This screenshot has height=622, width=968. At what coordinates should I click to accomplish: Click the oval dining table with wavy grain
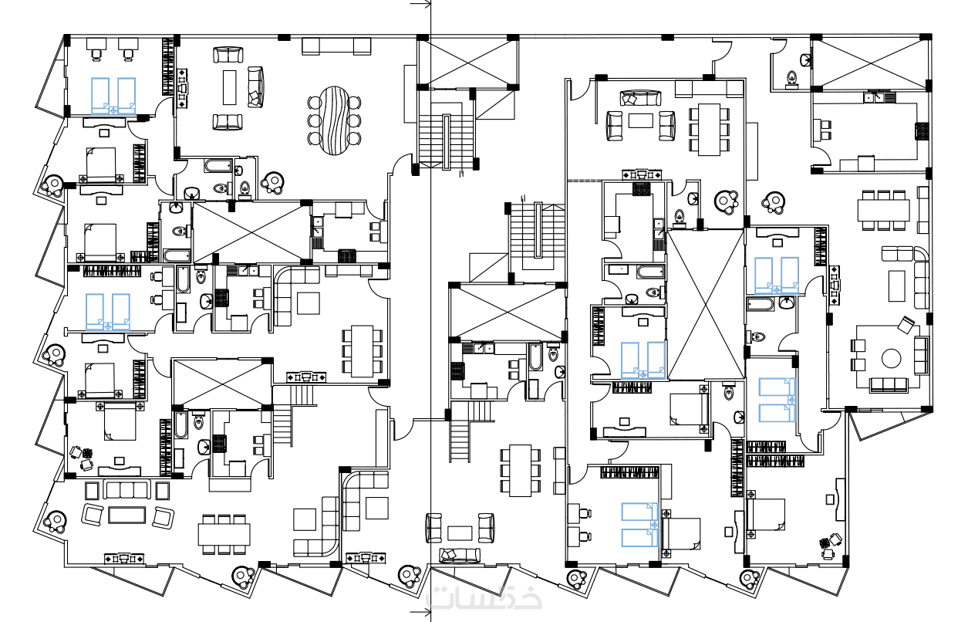point(335,121)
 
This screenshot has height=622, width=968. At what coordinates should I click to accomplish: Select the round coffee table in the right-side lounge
point(891,358)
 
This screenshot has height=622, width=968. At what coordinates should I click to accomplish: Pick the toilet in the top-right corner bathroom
point(791,78)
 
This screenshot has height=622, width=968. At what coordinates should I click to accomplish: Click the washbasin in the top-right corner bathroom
point(805,60)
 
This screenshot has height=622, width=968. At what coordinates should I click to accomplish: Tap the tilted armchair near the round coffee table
point(906,325)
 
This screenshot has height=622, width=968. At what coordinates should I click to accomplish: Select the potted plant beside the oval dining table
point(273,182)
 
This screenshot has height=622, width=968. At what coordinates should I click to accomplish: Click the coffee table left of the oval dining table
point(230,87)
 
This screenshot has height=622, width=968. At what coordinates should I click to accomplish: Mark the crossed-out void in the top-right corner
point(869,63)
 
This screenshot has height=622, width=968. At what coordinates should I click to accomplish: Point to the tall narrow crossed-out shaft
point(705,305)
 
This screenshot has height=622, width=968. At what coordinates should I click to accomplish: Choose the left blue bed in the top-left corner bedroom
point(100,96)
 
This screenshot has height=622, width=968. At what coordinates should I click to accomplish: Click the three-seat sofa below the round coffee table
point(889,384)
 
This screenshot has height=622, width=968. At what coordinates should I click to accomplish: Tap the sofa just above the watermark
point(460,555)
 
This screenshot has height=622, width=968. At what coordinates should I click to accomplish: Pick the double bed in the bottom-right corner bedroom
point(766,515)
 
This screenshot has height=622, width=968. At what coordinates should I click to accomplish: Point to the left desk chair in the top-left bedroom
point(96,53)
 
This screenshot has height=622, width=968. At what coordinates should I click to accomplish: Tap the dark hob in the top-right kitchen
point(922,131)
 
